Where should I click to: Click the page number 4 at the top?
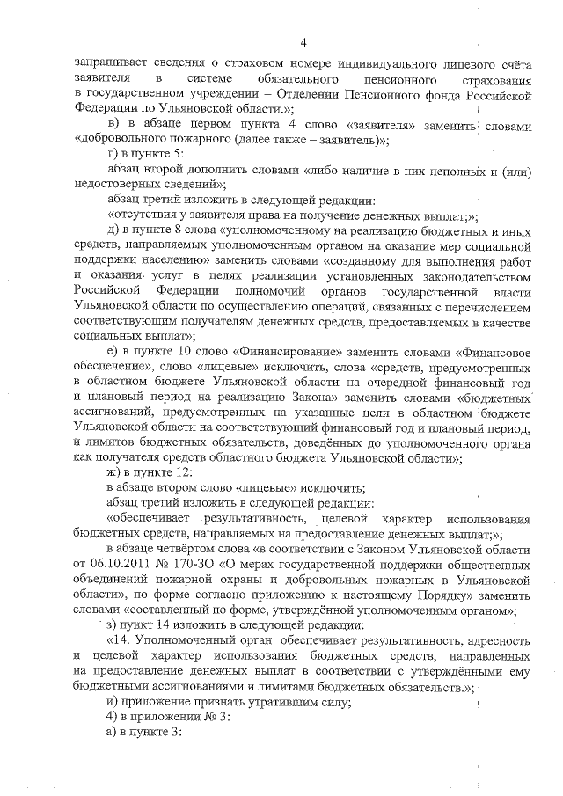click(x=303, y=42)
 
